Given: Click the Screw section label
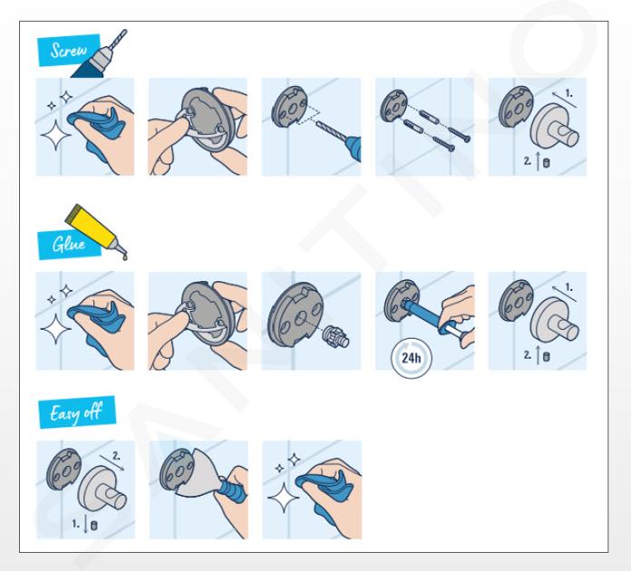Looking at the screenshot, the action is point(68,50).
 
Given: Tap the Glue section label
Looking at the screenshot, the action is point(69,244).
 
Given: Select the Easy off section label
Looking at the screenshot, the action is point(77,412).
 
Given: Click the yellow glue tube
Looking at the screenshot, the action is point(95,230).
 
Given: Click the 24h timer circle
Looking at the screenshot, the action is point(412,358).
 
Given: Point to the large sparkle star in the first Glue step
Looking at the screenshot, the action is point(56,329).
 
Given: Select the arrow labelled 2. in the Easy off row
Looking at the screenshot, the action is point(112,462).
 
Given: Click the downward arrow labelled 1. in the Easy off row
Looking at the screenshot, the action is point(85,524).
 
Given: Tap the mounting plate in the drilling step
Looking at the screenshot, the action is point(289,107).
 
